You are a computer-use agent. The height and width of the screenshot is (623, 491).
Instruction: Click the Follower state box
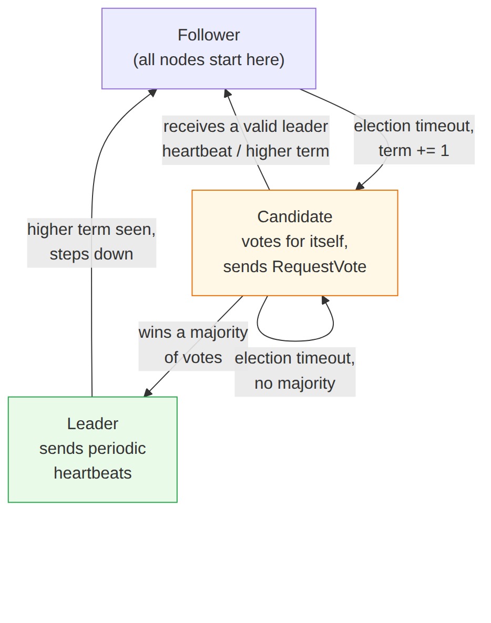click(x=209, y=48)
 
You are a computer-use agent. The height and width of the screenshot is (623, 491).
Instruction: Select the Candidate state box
click(x=294, y=243)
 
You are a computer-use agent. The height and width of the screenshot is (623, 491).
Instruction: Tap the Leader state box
click(x=93, y=449)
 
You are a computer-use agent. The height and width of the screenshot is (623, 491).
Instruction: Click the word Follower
click(x=209, y=35)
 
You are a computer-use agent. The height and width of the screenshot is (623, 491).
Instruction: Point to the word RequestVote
click(x=319, y=267)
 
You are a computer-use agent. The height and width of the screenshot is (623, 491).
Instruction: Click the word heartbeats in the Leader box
click(x=93, y=473)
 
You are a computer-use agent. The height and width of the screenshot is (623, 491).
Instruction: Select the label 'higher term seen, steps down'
click(x=91, y=242)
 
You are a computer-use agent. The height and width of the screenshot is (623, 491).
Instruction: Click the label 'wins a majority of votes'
click(x=193, y=345)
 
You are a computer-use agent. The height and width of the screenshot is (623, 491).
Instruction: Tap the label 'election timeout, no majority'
click(x=294, y=371)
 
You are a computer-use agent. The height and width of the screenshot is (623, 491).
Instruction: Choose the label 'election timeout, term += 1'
click(x=414, y=139)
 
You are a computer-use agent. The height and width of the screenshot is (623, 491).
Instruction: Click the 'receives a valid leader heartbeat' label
click(x=245, y=139)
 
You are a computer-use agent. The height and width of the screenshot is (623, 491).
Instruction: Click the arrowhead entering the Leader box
click(x=147, y=393)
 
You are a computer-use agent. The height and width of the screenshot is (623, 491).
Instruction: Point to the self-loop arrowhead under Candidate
click(x=325, y=299)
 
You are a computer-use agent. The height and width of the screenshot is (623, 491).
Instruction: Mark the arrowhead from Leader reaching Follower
click(x=152, y=92)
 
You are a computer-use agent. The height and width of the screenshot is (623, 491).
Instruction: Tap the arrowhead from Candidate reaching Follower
click(x=227, y=93)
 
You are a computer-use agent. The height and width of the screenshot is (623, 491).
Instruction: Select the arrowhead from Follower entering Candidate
click(x=360, y=186)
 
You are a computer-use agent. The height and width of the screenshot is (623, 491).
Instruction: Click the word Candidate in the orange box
click(x=294, y=217)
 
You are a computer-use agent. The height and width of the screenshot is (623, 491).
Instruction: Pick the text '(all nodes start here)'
click(x=209, y=60)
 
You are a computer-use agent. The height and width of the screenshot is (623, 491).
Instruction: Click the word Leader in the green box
click(x=93, y=424)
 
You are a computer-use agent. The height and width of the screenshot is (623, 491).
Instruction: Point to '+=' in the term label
click(x=425, y=151)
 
